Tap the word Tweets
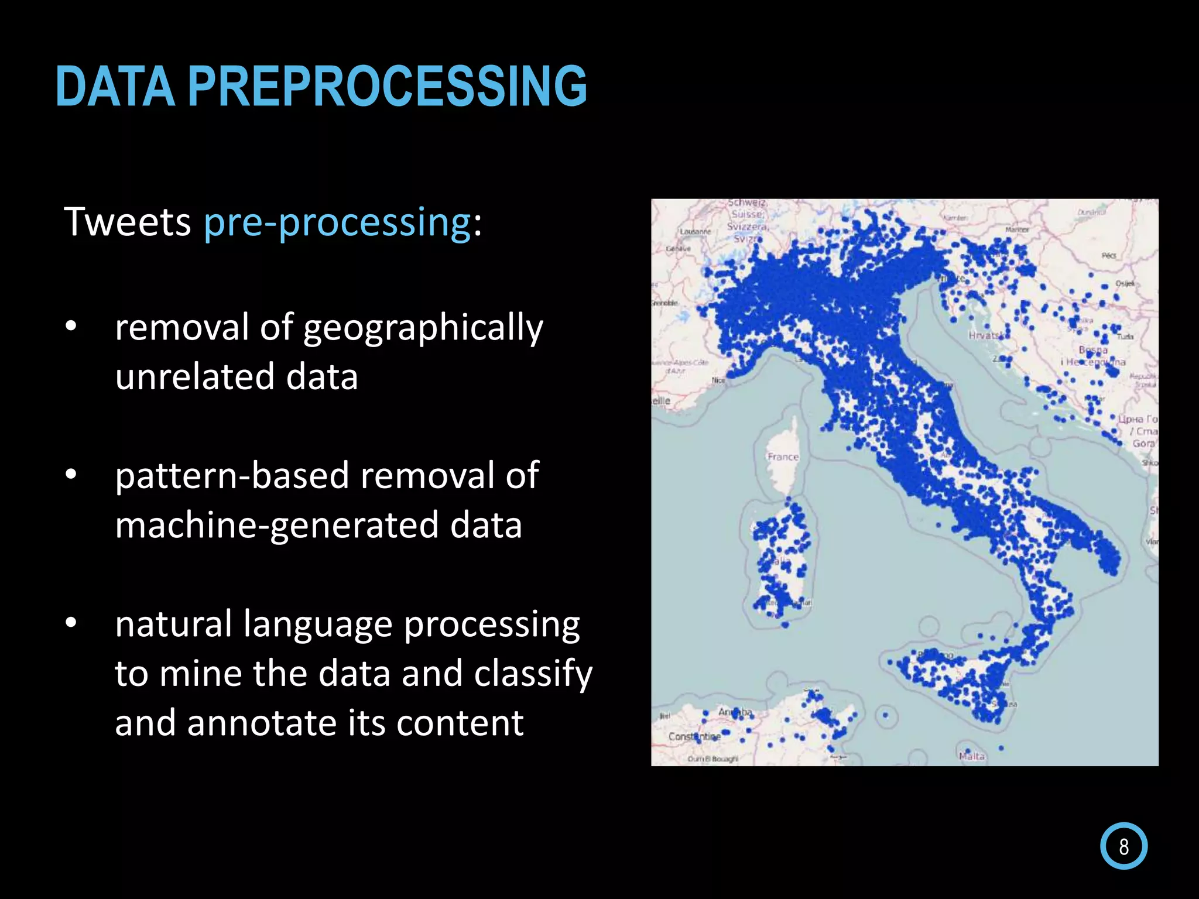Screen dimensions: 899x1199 (x=127, y=222)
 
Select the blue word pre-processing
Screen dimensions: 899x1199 (x=337, y=223)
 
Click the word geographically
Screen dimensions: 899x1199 (x=423, y=328)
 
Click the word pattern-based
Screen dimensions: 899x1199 (x=232, y=475)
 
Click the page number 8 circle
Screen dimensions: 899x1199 (x=1123, y=846)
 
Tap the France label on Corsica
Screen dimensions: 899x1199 (x=783, y=457)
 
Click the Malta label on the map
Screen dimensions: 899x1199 (x=972, y=756)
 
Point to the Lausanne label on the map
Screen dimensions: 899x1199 (x=696, y=232)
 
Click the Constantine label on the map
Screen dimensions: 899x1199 (x=694, y=736)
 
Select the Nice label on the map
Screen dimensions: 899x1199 (x=718, y=380)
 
